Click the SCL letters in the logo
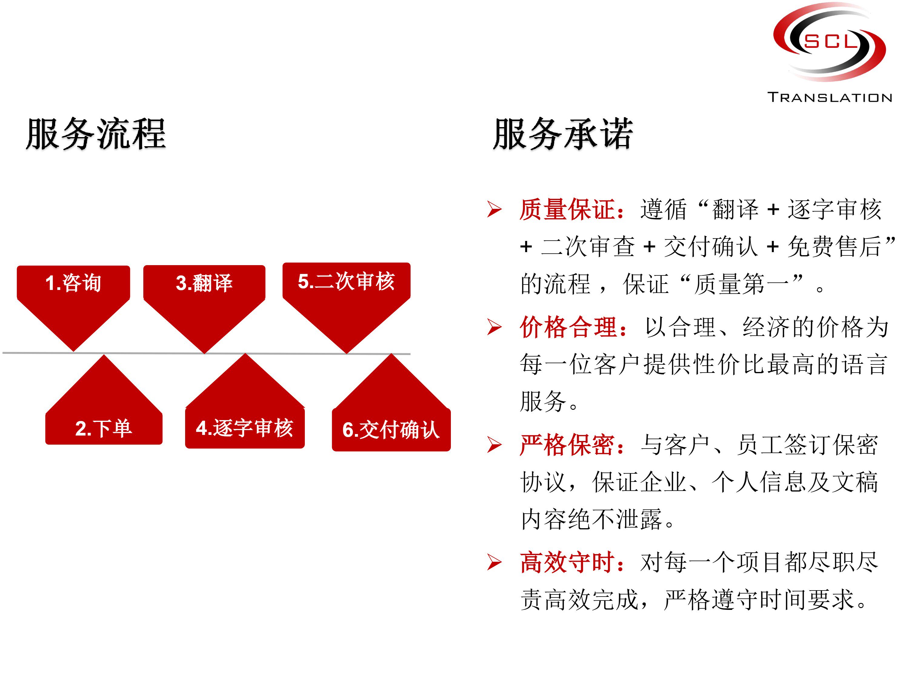(x=831, y=41)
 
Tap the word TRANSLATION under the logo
(x=830, y=98)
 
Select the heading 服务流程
(x=96, y=134)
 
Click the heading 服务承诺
(x=563, y=134)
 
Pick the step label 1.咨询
(x=73, y=283)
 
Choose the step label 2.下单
(x=104, y=429)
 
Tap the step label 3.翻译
(x=204, y=283)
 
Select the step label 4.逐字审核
(x=245, y=428)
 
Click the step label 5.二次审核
(x=346, y=281)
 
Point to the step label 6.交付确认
(x=391, y=430)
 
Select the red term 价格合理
(x=569, y=327)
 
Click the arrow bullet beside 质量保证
(x=494, y=209)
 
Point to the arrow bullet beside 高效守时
(x=494, y=562)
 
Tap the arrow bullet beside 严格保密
(x=494, y=445)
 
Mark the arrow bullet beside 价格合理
(x=494, y=327)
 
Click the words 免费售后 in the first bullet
(x=834, y=247)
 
